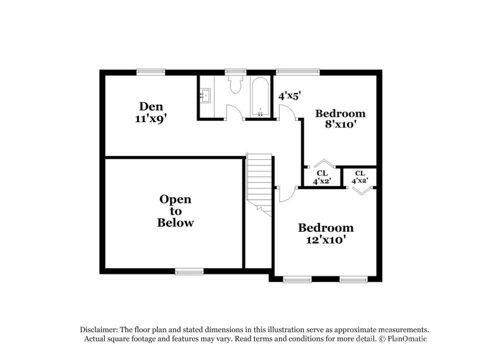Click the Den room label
coord(151,106)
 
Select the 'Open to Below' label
coord(175,211)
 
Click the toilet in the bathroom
coord(235,86)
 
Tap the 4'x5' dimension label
coord(289,96)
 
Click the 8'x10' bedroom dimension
coord(340,125)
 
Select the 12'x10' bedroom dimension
coord(325,239)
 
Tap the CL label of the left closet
coord(322,173)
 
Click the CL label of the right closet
coord(360,173)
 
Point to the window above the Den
coord(151,71)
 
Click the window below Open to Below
coord(189,271)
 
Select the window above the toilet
coord(235,71)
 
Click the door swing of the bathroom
coord(235,112)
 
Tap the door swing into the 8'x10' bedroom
coord(287,112)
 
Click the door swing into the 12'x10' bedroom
coord(286,194)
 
